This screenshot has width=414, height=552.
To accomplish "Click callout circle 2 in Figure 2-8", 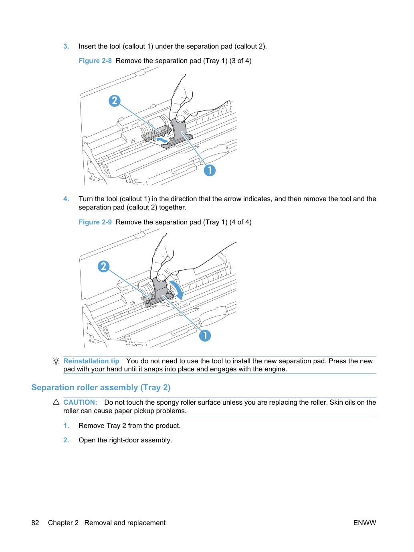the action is (115, 101).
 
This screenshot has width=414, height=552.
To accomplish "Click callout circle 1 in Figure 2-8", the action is (210, 170).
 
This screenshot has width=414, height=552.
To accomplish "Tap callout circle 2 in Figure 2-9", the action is (103, 266).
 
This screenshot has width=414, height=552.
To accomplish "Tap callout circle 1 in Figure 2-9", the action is (205, 336).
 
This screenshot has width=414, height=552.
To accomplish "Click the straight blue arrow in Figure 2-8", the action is (162, 140).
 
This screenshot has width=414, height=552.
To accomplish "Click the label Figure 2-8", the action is (95, 61).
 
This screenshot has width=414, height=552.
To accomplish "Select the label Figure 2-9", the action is (95, 222).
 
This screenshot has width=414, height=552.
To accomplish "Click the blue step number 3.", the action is (66, 46).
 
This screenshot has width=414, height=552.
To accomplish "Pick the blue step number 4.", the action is (66, 199).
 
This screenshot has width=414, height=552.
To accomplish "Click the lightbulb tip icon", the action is (56, 361).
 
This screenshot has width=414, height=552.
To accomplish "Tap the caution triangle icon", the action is (56, 402).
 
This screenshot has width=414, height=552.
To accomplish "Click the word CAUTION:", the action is (80, 402).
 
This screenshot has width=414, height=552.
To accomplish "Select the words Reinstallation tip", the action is (91, 361).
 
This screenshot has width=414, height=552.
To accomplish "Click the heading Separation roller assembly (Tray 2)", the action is (101, 387).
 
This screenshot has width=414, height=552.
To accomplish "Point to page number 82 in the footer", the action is (35, 523).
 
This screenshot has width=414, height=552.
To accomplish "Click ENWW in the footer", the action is (365, 523).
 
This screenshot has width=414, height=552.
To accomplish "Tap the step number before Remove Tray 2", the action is (66, 426).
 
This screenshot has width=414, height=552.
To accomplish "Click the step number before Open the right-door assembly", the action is (66, 440).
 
